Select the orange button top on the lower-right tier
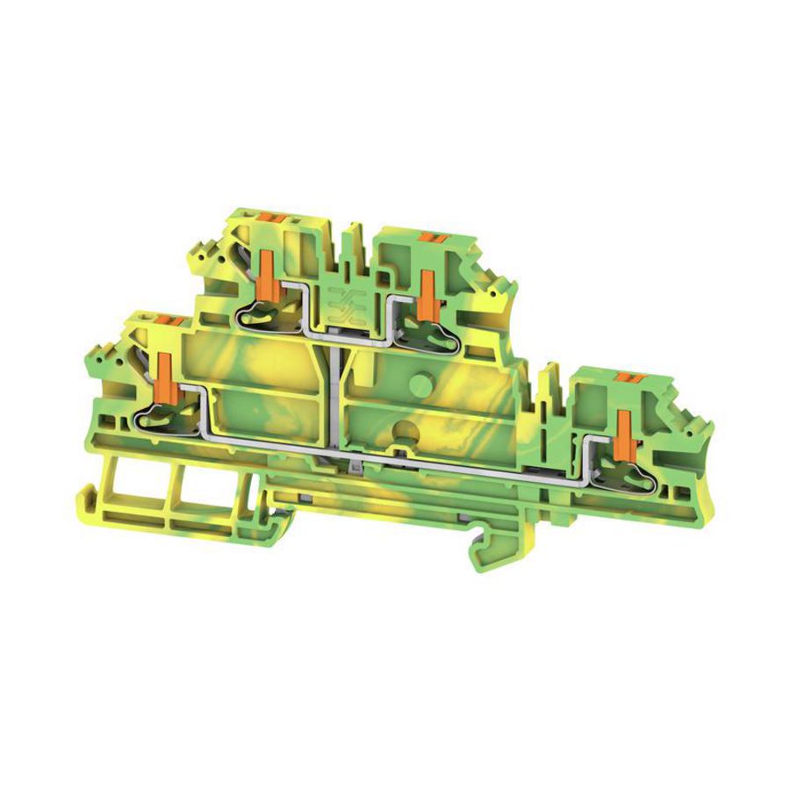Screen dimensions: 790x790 [x=625, y=377]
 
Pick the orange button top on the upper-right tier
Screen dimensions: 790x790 [x=432, y=235]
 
